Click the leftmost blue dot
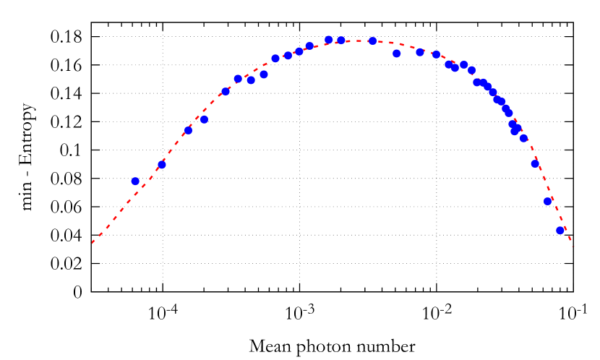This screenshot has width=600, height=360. [x=135, y=181]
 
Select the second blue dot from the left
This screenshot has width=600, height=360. [x=162, y=165]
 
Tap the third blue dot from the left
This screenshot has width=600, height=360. [x=188, y=131]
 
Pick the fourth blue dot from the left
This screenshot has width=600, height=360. [x=204, y=119]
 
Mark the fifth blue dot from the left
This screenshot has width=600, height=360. [x=226, y=92]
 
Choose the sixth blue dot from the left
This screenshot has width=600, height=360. [x=238, y=79]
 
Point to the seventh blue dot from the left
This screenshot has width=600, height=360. [x=251, y=80]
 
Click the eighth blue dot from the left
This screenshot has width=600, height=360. [x=264, y=74]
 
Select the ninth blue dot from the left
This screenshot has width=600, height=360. [x=275, y=59]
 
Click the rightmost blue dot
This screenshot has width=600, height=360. [x=560, y=231]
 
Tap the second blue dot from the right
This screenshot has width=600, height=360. [x=548, y=201]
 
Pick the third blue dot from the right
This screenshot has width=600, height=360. [x=535, y=164]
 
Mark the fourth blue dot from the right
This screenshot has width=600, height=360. [x=523, y=138]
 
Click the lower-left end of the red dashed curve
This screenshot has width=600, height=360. [x=93, y=244]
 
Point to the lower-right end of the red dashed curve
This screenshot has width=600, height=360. [x=573, y=247]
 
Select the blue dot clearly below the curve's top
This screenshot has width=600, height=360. [x=397, y=53]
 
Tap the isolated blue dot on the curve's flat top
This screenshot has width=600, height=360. [x=372, y=41]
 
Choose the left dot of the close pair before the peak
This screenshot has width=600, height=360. [x=328, y=40]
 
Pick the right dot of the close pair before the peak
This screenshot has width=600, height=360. [x=341, y=40]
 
